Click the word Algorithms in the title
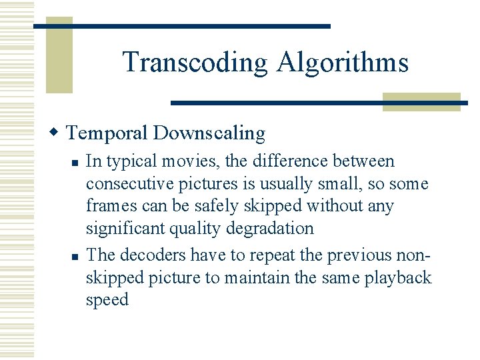click(343, 63)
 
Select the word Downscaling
click(209, 133)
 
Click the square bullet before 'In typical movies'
click(77, 162)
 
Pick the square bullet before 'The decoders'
click(77, 256)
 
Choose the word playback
click(398, 278)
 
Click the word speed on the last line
click(107, 300)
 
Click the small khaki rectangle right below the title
click(421, 101)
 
